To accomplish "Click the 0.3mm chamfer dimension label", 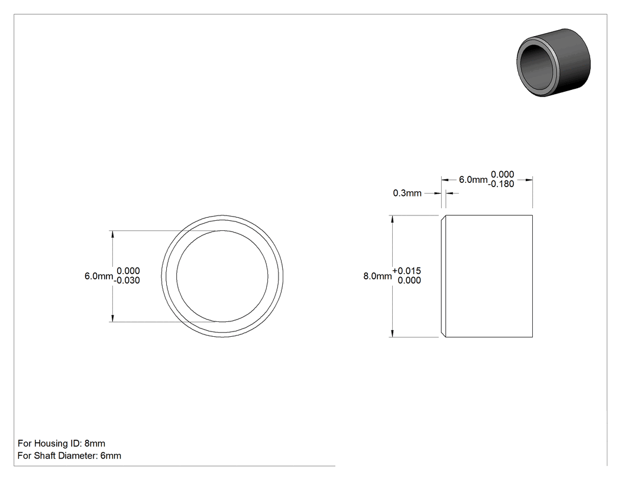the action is (407, 193).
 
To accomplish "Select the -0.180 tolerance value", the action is (501, 184).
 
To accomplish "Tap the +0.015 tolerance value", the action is (407, 270).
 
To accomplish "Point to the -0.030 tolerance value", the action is (127, 280).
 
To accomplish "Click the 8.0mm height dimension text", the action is (377, 276).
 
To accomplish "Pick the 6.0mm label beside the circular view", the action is (99, 276).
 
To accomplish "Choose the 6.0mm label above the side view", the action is (473, 179).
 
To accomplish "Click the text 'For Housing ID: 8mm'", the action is (62, 443).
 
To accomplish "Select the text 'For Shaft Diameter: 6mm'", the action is (69, 456).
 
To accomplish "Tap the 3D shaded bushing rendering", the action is (554, 63).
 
